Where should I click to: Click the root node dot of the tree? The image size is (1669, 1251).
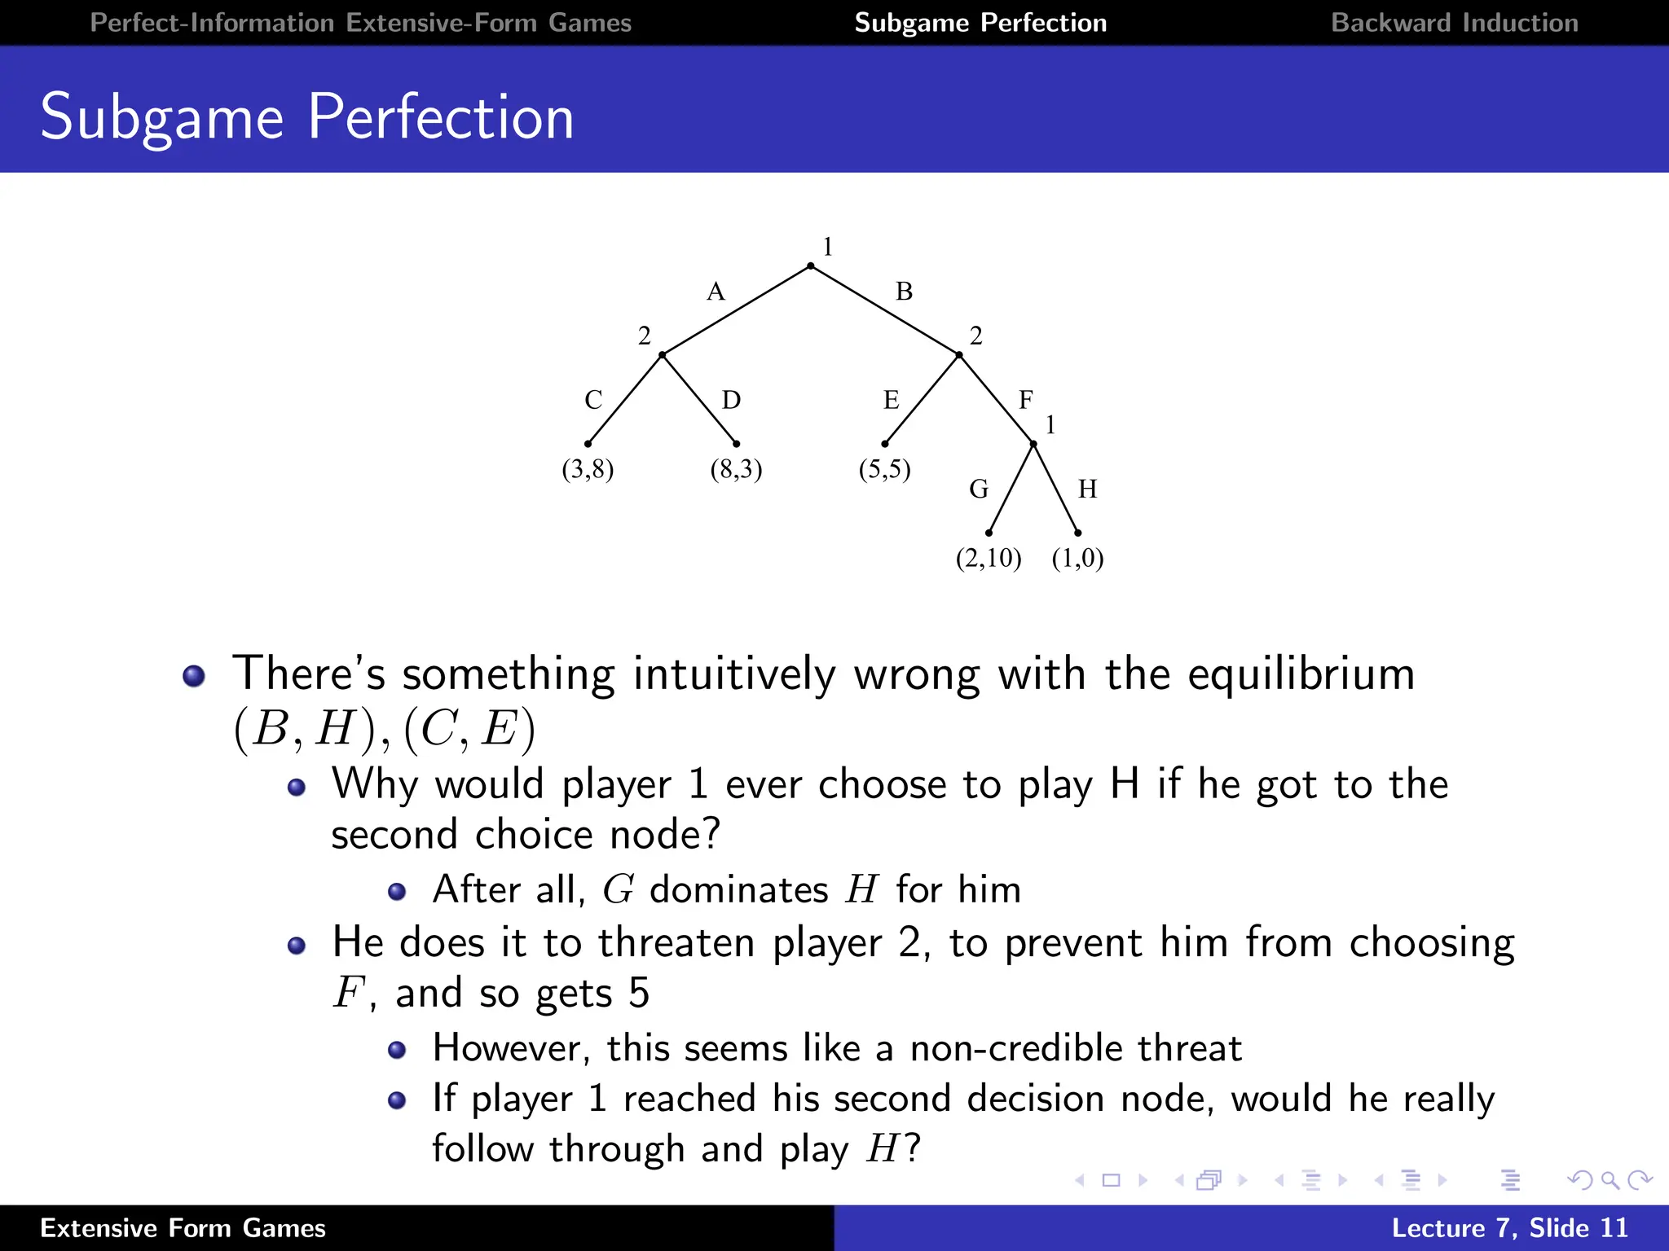(x=810, y=266)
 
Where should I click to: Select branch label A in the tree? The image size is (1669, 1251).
(x=716, y=292)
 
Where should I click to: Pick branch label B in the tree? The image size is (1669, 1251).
(x=904, y=292)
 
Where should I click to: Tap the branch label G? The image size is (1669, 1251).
(x=978, y=489)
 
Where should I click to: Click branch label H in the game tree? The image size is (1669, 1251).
(x=1087, y=489)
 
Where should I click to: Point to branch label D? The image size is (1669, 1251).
(x=731, y=400)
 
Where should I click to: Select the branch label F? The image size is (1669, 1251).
(x=1025, y=400)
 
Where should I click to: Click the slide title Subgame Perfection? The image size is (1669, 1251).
(x=307, y=117)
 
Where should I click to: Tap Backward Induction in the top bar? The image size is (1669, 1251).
(x=1454, y=23)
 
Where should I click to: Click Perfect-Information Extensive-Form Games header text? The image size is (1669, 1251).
(x=360, y=23)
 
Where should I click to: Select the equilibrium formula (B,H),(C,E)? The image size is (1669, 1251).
(x=385, y=728)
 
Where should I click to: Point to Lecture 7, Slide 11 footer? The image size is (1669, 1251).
(x=1508, y=1227)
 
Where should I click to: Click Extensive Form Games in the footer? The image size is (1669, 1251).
(x=183, y=1227)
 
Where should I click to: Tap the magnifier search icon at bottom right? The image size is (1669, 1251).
(x=1610, y=1180)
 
